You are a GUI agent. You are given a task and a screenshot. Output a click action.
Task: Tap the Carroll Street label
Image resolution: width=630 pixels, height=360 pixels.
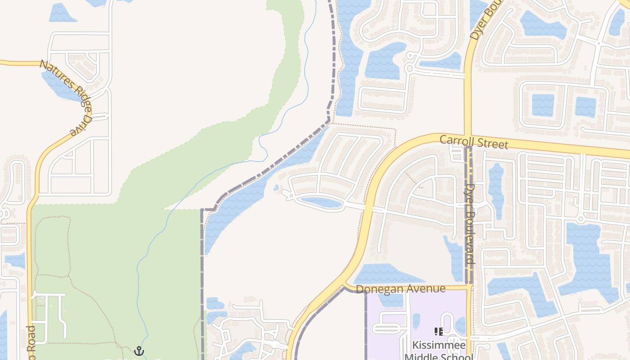coord(474,142)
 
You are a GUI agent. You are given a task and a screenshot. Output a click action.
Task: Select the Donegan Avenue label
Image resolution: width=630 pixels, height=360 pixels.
coord(400,289)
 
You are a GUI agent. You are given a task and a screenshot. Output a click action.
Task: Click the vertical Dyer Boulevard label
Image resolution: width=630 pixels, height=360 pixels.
coord(470,224)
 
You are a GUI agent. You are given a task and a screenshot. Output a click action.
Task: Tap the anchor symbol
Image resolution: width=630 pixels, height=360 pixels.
coord(139,351)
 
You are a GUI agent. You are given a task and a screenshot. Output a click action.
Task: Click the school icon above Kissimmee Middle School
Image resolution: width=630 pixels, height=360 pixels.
coord(439,332)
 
